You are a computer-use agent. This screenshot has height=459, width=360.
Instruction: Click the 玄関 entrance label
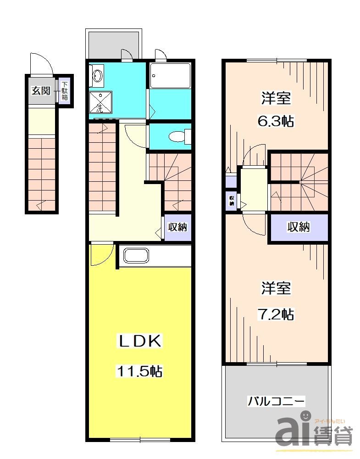(40, 90)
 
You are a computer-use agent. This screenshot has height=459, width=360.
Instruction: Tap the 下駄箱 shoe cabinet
(65, 90)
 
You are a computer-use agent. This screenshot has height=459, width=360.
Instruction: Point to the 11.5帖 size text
(139, 371)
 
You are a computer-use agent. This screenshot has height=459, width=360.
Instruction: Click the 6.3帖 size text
(275, 122)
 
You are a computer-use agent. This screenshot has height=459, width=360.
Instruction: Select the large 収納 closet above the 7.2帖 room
(298, 227)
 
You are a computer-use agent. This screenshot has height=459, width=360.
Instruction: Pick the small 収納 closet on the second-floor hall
(232, 200)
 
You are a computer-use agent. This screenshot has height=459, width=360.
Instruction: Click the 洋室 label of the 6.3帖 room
(276, 98)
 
